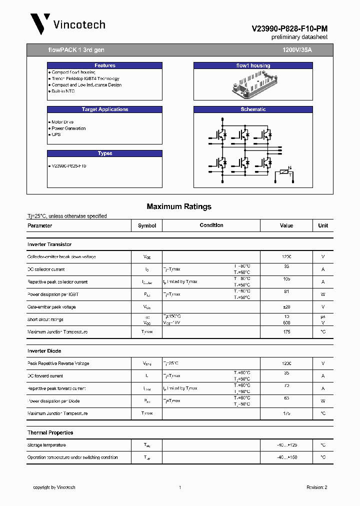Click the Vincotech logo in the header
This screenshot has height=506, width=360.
tap(67, 24)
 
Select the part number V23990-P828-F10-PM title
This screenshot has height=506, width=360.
tap(289, 29)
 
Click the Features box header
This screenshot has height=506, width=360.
tap(104, 65)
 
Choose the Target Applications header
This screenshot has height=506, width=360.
tap(104, 109)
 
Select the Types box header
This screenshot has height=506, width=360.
tap(104, 153)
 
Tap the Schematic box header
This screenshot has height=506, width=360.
tap(253, 109)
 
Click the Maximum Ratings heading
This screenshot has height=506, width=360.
tap(179, 206)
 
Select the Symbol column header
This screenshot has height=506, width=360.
tap(147, 225)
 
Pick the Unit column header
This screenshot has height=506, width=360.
tap(323, 225)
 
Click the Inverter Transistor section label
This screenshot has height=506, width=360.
tap(49, 244)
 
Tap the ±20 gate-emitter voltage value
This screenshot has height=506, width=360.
tap(286, 307)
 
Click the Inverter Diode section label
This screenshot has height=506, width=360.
tap(44, 351)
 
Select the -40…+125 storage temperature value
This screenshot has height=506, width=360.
tap(286, 445)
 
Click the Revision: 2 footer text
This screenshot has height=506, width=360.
tap(316, 487)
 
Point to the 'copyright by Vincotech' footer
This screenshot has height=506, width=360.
tap(54, 487)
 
